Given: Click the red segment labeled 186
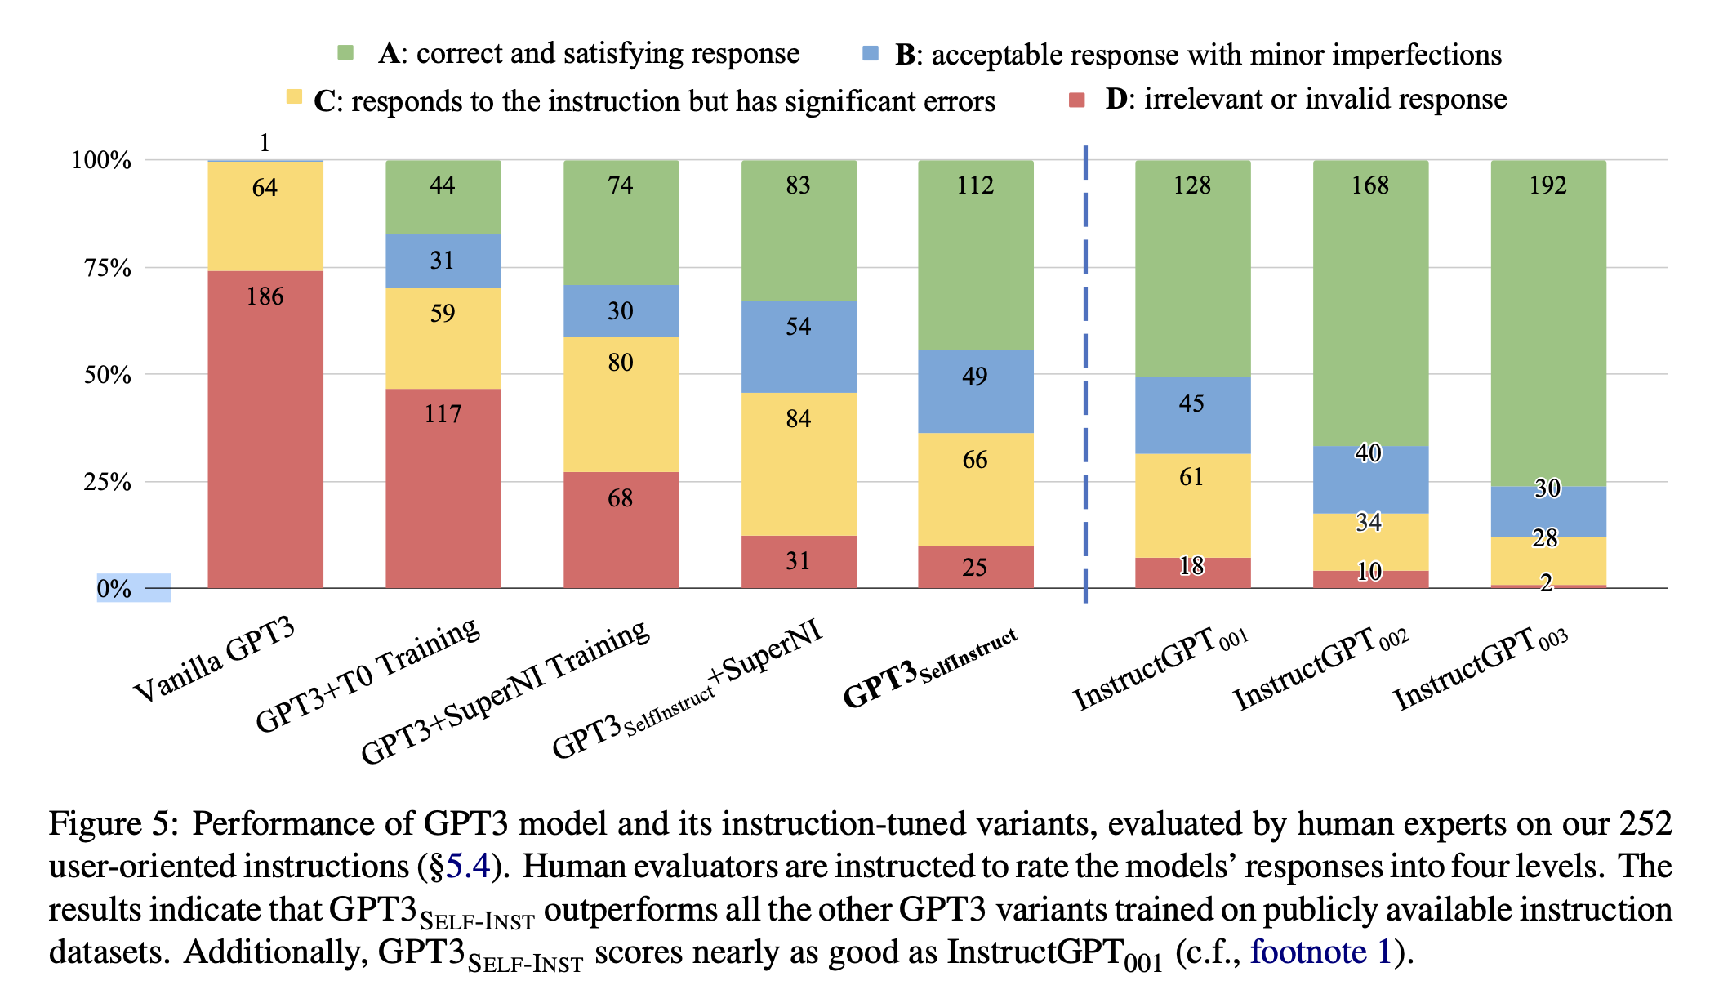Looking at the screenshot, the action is click(x=265, y=429).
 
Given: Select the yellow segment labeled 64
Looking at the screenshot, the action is click(x=265, y=216).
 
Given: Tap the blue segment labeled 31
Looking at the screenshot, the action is click(x=443, y=261).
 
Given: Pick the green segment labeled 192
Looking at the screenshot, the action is click(x=1548, y=323).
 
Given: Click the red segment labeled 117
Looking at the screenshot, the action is click(x=443, y=488).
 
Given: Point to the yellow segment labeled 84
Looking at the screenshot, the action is click(x=799, y=465).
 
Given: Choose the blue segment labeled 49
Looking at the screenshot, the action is click(x=976, y=392).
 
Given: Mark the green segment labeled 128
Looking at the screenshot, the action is click(x=1192, y=269).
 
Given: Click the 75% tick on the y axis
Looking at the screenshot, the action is click(x=108, y=268).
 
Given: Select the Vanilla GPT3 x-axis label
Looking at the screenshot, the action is click(x=214, y=660).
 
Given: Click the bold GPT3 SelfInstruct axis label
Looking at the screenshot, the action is click(x=930, y=668).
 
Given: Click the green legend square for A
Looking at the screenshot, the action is click(x=345, y=52).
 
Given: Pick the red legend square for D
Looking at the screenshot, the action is click(x=1077, y=100).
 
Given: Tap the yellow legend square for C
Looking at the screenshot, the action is click(x=294, y=96).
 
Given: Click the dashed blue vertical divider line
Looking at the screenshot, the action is click(x=1085, y=374).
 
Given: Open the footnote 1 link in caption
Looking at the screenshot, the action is click(x=1320, y=952).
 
